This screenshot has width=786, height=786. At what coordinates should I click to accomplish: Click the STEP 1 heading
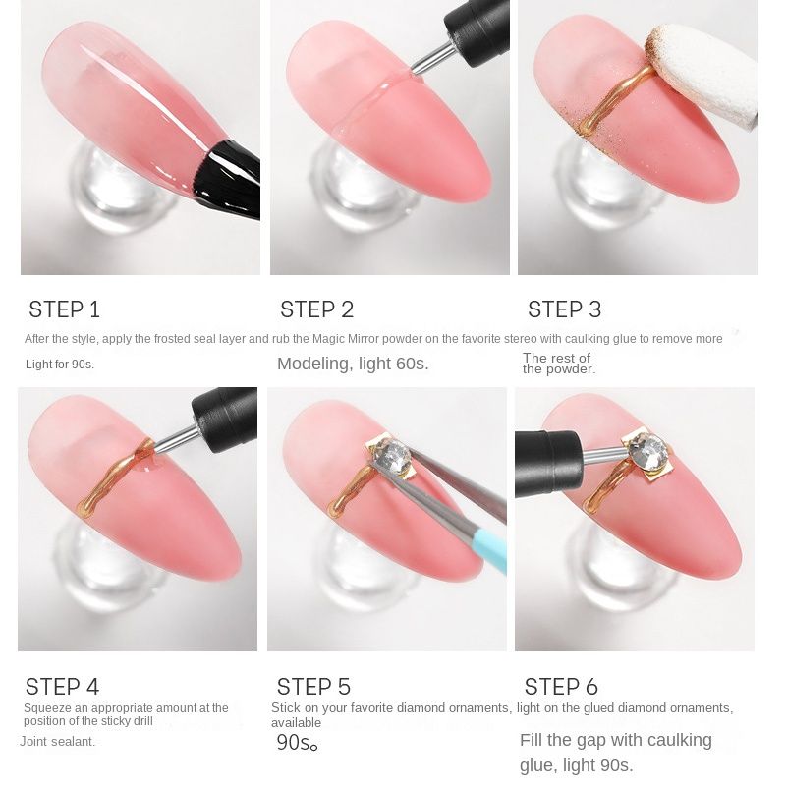(64, 309)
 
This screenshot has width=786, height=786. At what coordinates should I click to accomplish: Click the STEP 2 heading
(316, 309)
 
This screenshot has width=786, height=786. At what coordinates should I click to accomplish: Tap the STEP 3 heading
(564, 309)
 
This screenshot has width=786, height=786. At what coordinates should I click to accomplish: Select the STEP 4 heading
(62, 687)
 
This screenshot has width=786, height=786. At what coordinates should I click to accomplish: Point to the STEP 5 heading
(313, 687)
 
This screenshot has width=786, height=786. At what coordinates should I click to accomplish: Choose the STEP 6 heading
(561, 687)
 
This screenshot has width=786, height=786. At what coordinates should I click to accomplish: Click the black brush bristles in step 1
(228, 180)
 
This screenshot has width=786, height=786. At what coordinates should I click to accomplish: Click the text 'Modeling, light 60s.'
(353, 364)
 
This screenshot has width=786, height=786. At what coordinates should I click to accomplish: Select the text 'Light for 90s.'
(60, 365)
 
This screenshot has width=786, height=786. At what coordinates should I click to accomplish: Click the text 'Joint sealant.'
(57, 742)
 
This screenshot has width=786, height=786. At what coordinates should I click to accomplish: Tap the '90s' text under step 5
(297, 743)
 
